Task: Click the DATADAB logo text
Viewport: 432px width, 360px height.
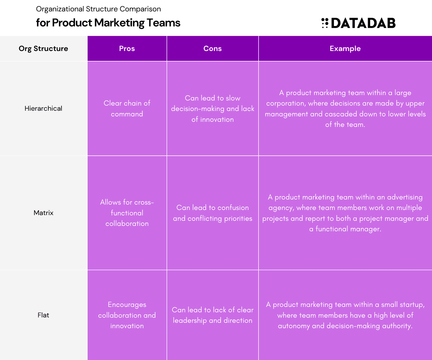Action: (363, 23)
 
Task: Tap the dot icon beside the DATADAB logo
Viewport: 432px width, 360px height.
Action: (325, 23)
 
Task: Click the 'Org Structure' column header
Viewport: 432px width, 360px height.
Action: (43, 49)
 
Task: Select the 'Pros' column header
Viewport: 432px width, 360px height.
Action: (127, 49)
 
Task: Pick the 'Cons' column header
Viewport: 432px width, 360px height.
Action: (212, 49)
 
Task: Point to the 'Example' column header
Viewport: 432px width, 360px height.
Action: (345, 49)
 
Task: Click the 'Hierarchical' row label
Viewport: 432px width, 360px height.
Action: (43, 108)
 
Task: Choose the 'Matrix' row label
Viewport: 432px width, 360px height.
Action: (43, 213)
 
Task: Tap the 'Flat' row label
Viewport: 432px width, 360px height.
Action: (43, 315)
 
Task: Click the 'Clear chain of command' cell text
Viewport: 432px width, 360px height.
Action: (127, 108)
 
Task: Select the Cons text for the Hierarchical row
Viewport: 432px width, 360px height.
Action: (212, 109)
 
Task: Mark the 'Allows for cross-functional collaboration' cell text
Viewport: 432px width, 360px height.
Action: (127, 213)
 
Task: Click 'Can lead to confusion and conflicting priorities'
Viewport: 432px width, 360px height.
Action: (212, 213)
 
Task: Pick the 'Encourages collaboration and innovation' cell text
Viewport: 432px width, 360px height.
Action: (127, 315)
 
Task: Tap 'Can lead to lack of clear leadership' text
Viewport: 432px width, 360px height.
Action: (212, 315)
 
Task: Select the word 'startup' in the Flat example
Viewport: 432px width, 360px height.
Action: (412, 305)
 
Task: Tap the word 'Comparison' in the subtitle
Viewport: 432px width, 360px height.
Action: (140, 9)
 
